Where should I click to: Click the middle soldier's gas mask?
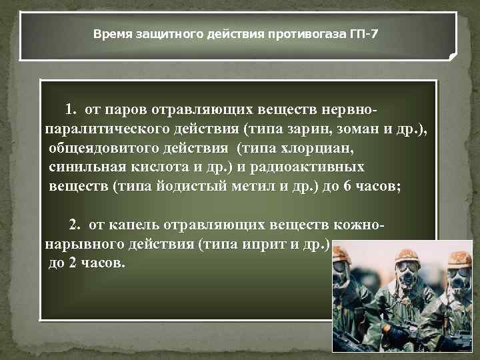405,275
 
